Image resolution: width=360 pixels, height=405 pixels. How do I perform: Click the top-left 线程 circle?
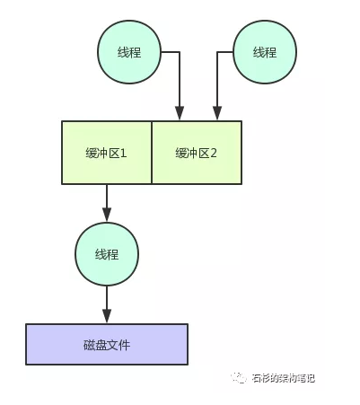[x=129, y=52]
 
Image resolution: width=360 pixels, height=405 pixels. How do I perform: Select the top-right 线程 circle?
[x=264, y=52]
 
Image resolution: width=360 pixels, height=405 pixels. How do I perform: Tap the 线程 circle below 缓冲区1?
[x=107, y=254]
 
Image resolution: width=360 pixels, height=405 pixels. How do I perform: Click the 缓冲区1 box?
[x=107, y=153]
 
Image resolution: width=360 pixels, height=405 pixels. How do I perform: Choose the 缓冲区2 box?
[x=197, y=153]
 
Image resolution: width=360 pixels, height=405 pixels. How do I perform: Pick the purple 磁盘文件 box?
[x=107, y=344]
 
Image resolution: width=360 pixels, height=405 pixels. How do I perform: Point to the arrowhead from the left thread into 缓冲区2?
[x=179, y=114]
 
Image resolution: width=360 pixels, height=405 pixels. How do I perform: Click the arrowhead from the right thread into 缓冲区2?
[x=215, y=114]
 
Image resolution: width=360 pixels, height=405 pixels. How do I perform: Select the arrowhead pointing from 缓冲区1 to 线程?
[x=107, y=216]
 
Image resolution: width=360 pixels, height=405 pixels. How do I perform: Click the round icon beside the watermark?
[x=240, y=378]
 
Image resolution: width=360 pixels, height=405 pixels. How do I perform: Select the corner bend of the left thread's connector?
[x=179, y=52]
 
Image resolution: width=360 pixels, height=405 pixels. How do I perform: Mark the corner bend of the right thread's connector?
[x=215, y=52]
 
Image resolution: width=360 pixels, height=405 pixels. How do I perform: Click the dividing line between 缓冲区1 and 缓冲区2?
[x=152, y=153]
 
